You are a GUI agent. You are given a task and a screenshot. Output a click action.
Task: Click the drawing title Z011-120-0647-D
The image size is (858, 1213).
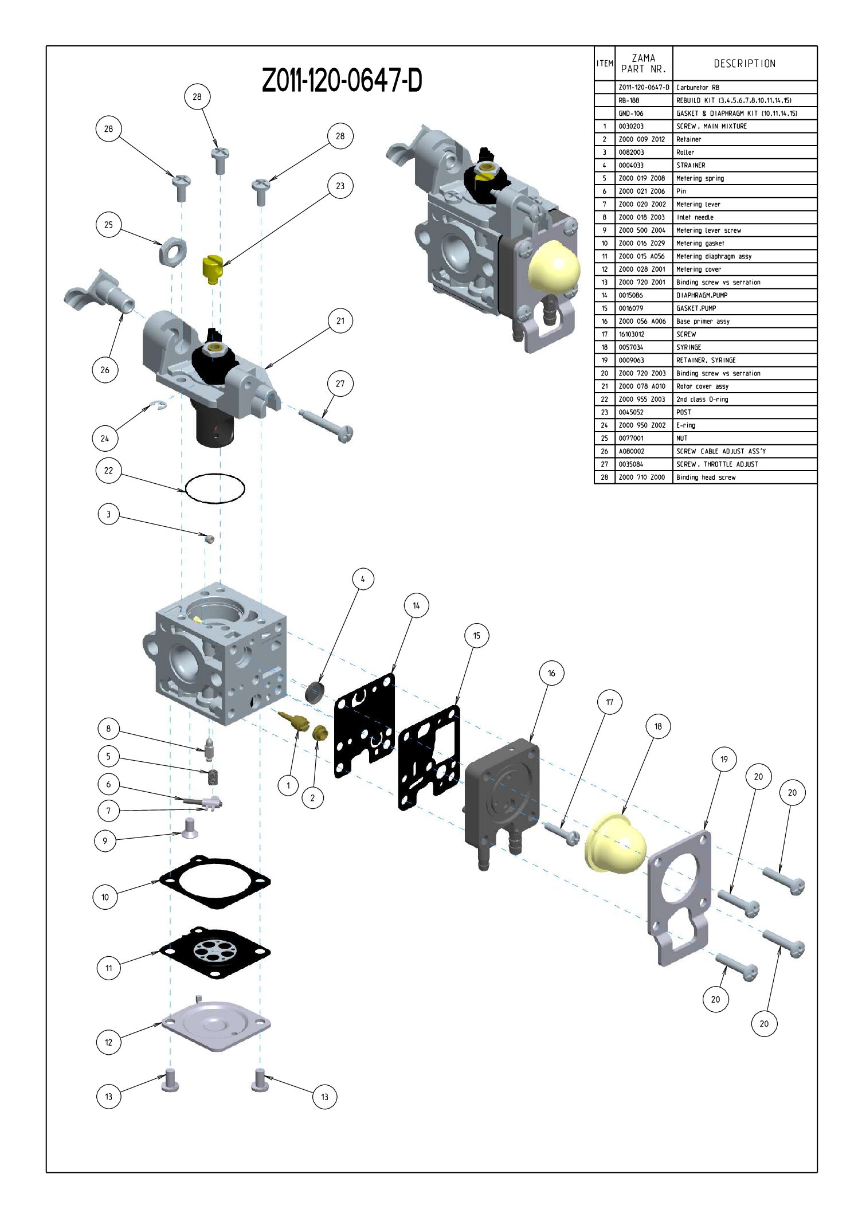coord(342,80)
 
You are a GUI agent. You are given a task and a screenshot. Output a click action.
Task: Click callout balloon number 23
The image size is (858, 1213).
coord(340,186)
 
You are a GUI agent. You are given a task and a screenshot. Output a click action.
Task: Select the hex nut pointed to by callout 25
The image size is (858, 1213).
coord(173,251)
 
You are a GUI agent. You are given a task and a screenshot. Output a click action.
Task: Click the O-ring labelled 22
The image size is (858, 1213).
coord(215,488)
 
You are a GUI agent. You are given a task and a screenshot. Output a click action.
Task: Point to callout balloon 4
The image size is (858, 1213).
coord(362,579)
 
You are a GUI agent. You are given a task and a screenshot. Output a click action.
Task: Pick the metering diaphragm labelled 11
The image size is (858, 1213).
coord(215,952)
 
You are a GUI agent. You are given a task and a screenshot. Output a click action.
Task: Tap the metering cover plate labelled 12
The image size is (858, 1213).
coord(216,1025)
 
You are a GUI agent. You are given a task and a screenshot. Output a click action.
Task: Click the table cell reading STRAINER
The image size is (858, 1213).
coord(691,165)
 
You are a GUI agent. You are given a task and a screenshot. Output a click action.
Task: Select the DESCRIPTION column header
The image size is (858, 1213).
coord(745,64)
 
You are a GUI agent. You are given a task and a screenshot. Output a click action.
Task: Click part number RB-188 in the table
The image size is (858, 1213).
coord(629,100)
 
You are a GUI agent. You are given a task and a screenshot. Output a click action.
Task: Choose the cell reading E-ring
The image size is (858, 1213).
coord(685,425)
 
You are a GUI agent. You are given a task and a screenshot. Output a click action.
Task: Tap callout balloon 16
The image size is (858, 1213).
coord(551,673)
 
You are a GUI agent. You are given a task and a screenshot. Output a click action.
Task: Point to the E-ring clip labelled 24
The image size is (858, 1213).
coord(159,406)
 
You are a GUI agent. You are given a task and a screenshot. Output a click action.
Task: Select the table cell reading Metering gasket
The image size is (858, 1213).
coord(700,243)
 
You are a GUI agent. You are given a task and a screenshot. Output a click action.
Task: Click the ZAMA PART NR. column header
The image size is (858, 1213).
coord(643,64)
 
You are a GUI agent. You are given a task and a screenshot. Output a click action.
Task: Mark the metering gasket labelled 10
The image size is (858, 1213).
coord(215,882)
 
